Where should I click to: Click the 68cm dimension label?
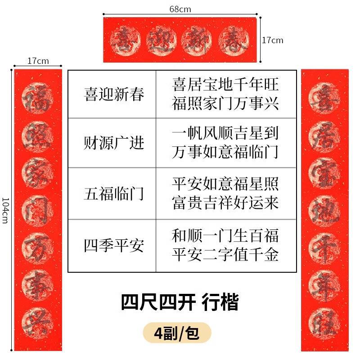(x=180, y=9)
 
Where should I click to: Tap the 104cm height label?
(x=5, y=210)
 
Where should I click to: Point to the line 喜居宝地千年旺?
(x=225, y=84)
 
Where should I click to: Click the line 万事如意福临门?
(x=225, y=152)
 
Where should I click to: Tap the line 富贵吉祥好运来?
(x=225, y=203)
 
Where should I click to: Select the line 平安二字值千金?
(x=225, y=255)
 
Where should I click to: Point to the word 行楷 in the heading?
(x=220, y=302)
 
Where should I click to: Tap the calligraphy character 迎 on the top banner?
(x=161, y=40)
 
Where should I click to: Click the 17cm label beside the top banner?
(x=273, y=40)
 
